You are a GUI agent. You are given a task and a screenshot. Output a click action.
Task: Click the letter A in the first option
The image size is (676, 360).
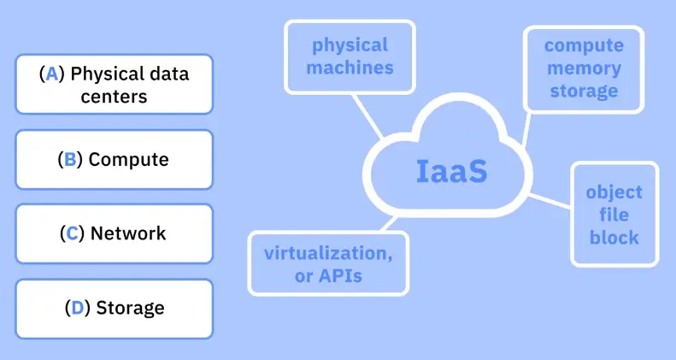[x=52, y=74]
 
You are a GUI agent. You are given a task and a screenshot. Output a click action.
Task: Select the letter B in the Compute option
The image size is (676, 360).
[x=69, y=159]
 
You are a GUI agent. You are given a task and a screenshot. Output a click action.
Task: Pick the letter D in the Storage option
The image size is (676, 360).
[x=77, y=307]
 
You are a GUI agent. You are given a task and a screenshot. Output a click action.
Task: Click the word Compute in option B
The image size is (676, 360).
[x=129, y=159]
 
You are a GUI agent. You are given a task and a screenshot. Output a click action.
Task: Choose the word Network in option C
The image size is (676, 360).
[x=128, y=233]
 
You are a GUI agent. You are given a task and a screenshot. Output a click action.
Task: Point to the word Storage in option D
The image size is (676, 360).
[x=130, y=307]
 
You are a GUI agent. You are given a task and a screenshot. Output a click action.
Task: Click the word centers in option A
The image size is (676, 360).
[x=114, y=95]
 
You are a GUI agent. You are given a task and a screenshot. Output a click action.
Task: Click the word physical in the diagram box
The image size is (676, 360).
[x=350, y=44]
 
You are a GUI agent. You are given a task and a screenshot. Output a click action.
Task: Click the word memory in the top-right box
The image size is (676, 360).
[x=584, y=67]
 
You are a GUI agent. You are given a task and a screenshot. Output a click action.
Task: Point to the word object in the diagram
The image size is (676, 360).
[x=614, y=192]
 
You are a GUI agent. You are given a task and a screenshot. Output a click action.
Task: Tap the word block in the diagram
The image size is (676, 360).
[x=614, y=237]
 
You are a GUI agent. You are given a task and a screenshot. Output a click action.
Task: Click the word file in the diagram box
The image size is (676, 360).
[x=614, y=215]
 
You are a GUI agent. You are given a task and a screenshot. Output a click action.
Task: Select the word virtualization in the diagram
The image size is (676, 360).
[x=328, y=253]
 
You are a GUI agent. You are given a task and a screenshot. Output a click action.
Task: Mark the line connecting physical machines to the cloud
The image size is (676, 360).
[x=368, y=115]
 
